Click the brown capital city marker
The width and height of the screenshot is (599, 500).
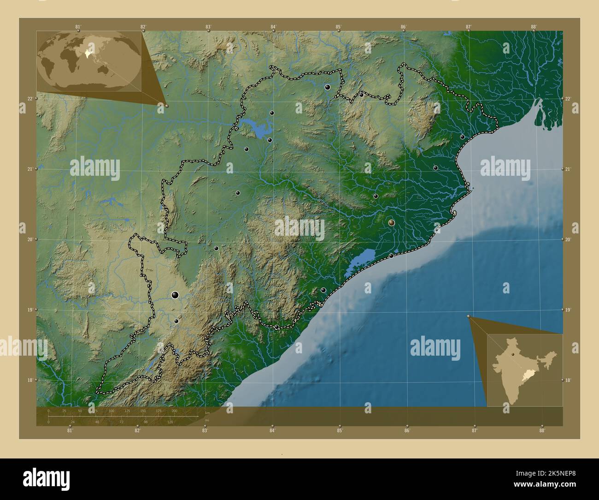[x=392, y=223]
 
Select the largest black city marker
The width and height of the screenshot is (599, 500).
[x=175, y=295]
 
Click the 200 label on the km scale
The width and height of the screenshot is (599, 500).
[x=174, y=411]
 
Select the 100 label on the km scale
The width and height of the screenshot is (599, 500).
[x=111, y=411]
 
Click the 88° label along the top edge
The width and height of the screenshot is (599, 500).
[x=534, y=27]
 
